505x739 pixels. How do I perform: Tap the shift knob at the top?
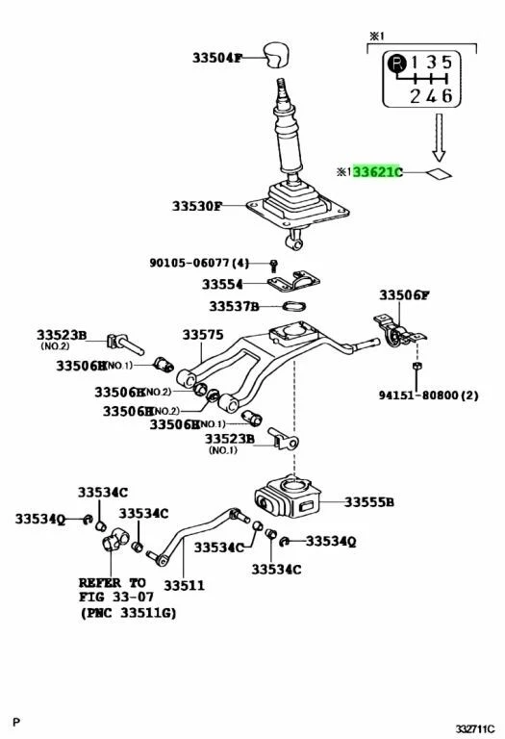(278, 54)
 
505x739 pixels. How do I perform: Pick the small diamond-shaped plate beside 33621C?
(439, 173)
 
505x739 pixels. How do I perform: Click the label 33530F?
(197, 206)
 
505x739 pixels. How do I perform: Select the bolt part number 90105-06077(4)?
(199, 263)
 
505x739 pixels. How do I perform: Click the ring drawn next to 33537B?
(293, 307)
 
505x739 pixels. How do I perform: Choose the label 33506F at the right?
(404, 295)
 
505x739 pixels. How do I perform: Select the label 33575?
(202, 335)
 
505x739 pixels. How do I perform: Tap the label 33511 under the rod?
(182, 584)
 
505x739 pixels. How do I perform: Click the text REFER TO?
(113, 582)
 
